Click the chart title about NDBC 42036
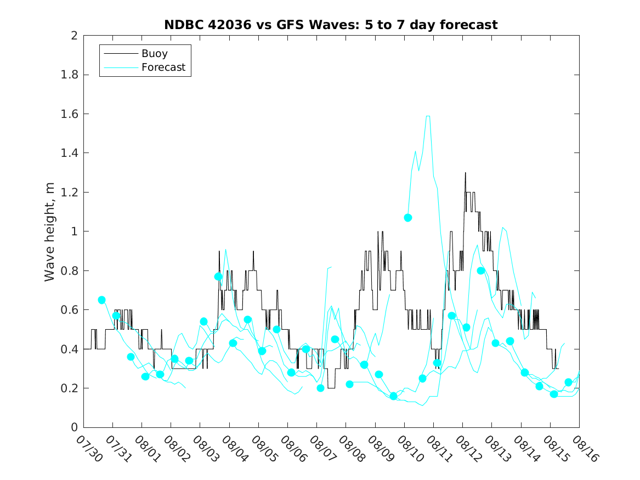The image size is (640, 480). pyautogui.click(x=331, y=25)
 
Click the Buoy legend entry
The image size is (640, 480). pyautogui.click(x=155, y=54)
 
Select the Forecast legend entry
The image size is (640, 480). pyautogui.click(x=163, y=68)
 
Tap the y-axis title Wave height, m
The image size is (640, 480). pyautogui.click(x=50, y=231)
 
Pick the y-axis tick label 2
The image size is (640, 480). pyautogui.click(x=74, y=36)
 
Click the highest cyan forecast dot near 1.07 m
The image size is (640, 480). pyautogui.click(x=408, y=218)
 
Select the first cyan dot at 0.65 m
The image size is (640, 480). pyautogui.click(x=101, y=300)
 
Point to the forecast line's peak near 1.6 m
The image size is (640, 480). pyautogui.click(x=428, y=116)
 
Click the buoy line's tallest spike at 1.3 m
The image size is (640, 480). pyautogui.click(x=466, y=173)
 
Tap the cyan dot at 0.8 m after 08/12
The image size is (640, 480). pyautogui.click(x=481, y=270)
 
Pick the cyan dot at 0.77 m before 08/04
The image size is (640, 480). pyautogui.click(x=218, y=276)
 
